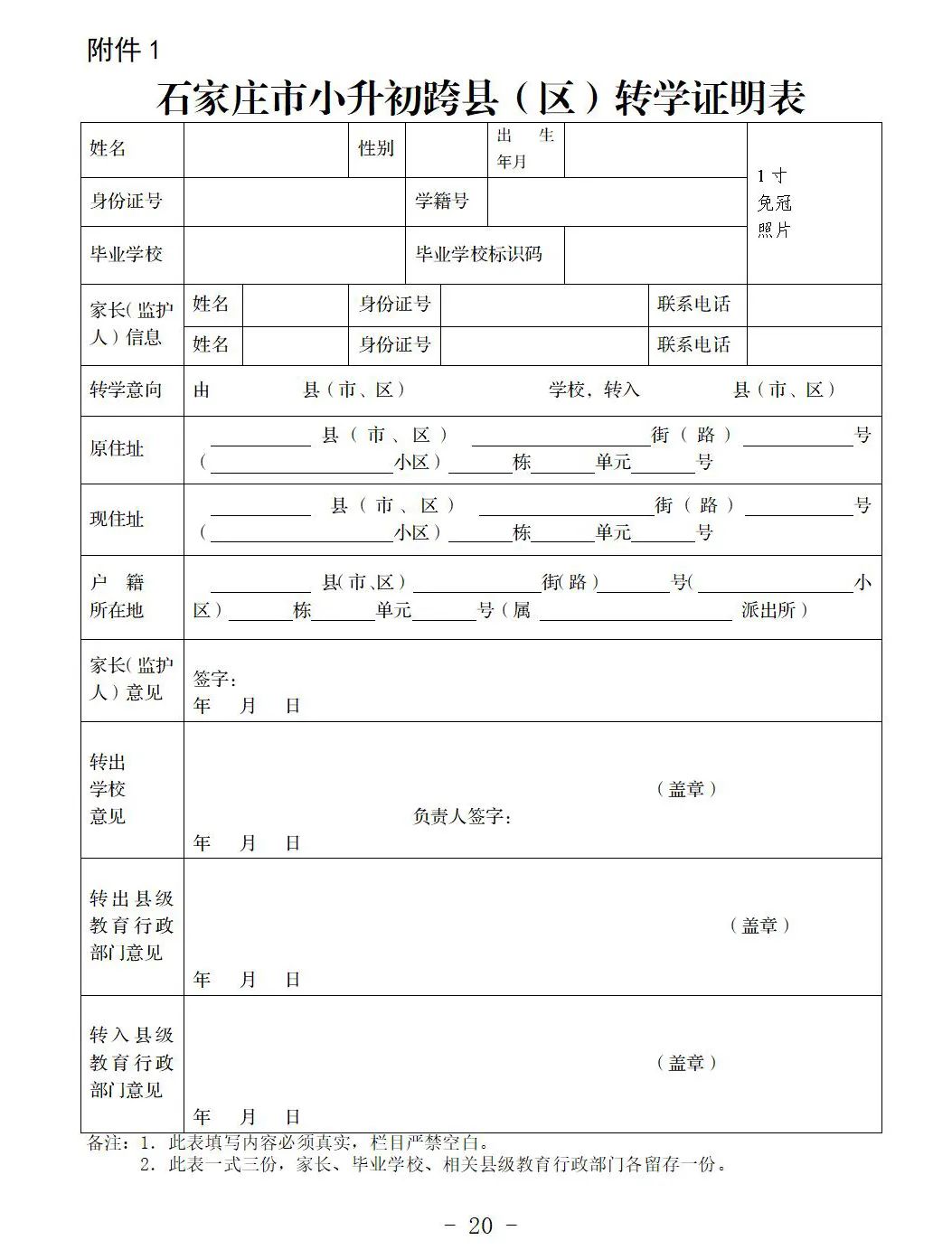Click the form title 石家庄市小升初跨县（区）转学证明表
(x=480, y=98)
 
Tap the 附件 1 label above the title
(x=123, y=51)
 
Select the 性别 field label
(x=376, y=148)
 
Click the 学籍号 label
(x=442, y=201)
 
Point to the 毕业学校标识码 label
(x=478, y=254)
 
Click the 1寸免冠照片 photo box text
(x=774, y=203)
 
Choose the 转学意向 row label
(x=126, y=390)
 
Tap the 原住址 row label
(x=117, y=448)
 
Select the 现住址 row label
(x=117, y=519)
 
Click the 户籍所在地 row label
(x=117, y=597)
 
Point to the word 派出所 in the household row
(x=768, y=610)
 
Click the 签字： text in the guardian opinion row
(x=215, y=680)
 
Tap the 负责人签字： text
(x=463, y=817)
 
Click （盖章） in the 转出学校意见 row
(x=686, y=789)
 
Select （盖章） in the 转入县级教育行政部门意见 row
(x=686, y=1063)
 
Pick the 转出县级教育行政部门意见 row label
(x=131, y=925)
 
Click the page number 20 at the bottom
(x=481, y=1226)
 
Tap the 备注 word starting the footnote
(x=105, y=1143)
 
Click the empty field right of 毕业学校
(x=294, y=254)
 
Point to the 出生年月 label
(x=524, y=148)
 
